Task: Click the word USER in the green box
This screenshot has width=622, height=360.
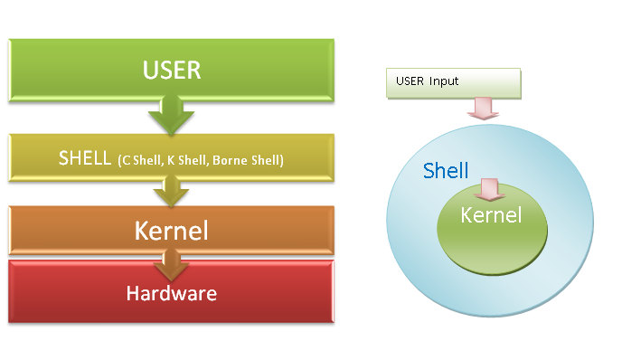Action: coord(171,69)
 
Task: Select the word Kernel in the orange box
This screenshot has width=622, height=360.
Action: coord(171,230)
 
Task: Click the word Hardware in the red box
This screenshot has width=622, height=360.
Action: coord(171,293)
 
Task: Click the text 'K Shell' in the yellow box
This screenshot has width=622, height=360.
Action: coord(186,161)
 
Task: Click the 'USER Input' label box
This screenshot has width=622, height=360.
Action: coord(453,83)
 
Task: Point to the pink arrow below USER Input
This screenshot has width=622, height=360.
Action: coord(480,109)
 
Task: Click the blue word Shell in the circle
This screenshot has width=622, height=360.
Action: coord(446,171)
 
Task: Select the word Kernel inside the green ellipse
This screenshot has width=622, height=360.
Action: coord(491,215)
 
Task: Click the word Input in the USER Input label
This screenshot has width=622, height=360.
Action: coord(443,81)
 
